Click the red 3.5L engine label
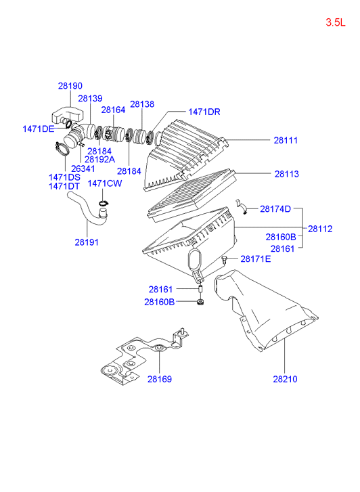coord(335,22)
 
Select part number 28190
coord(70,86)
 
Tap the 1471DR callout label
coord(204,112)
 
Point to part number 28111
coord(286,140)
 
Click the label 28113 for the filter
coord(287,174)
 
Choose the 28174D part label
coord(275,208)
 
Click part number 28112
coord(320,229)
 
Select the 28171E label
coord(256,259)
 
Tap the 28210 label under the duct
coord(285,379)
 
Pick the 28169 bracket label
coord(160,379)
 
